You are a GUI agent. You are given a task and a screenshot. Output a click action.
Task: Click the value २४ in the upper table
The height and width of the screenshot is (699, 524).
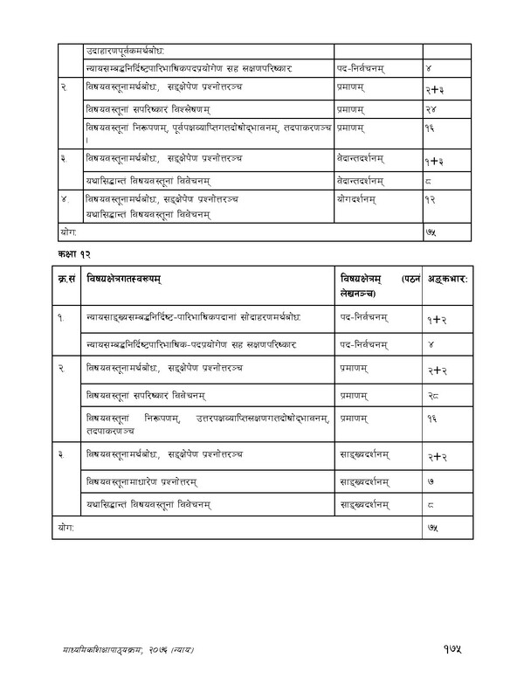tap(432, 108)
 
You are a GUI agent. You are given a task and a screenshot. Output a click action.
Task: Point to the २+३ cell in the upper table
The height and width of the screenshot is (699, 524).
tap(436, 89)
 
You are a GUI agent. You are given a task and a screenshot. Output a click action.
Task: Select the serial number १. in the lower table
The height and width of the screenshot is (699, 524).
tap(63, 318)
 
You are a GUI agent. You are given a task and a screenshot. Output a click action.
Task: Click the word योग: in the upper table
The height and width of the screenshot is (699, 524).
tap(68, 233)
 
